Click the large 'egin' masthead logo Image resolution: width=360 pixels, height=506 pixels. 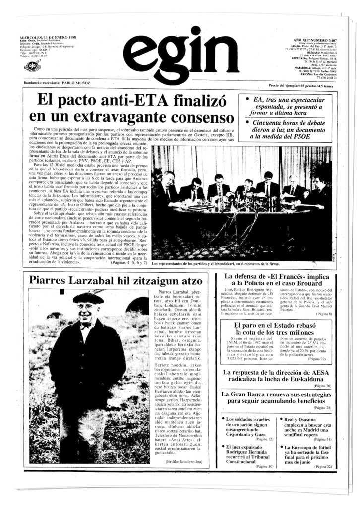tap(171, 54)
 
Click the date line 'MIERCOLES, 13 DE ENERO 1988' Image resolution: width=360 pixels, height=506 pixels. tap(48, 38)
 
